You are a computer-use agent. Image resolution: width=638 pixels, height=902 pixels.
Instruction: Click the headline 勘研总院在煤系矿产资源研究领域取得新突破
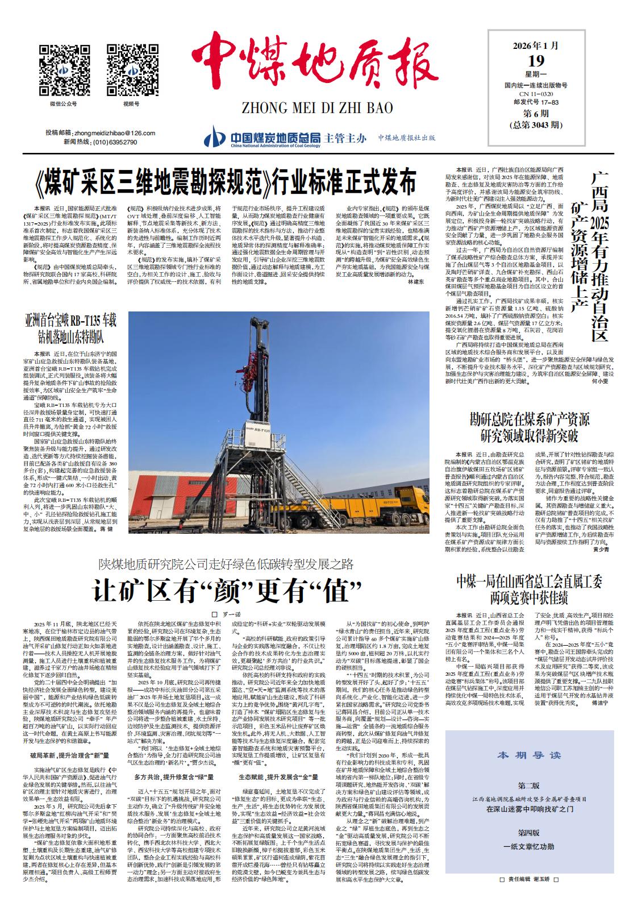coord(529,428)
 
